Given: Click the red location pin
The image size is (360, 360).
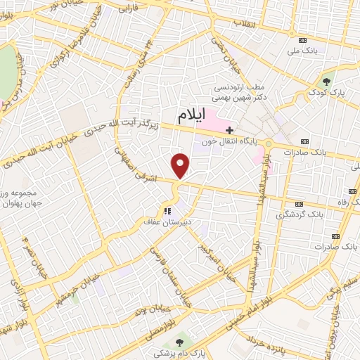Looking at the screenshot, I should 181,165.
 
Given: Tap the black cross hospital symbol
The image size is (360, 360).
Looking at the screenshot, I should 229,129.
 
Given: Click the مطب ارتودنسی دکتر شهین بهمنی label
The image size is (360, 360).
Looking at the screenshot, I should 240,93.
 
